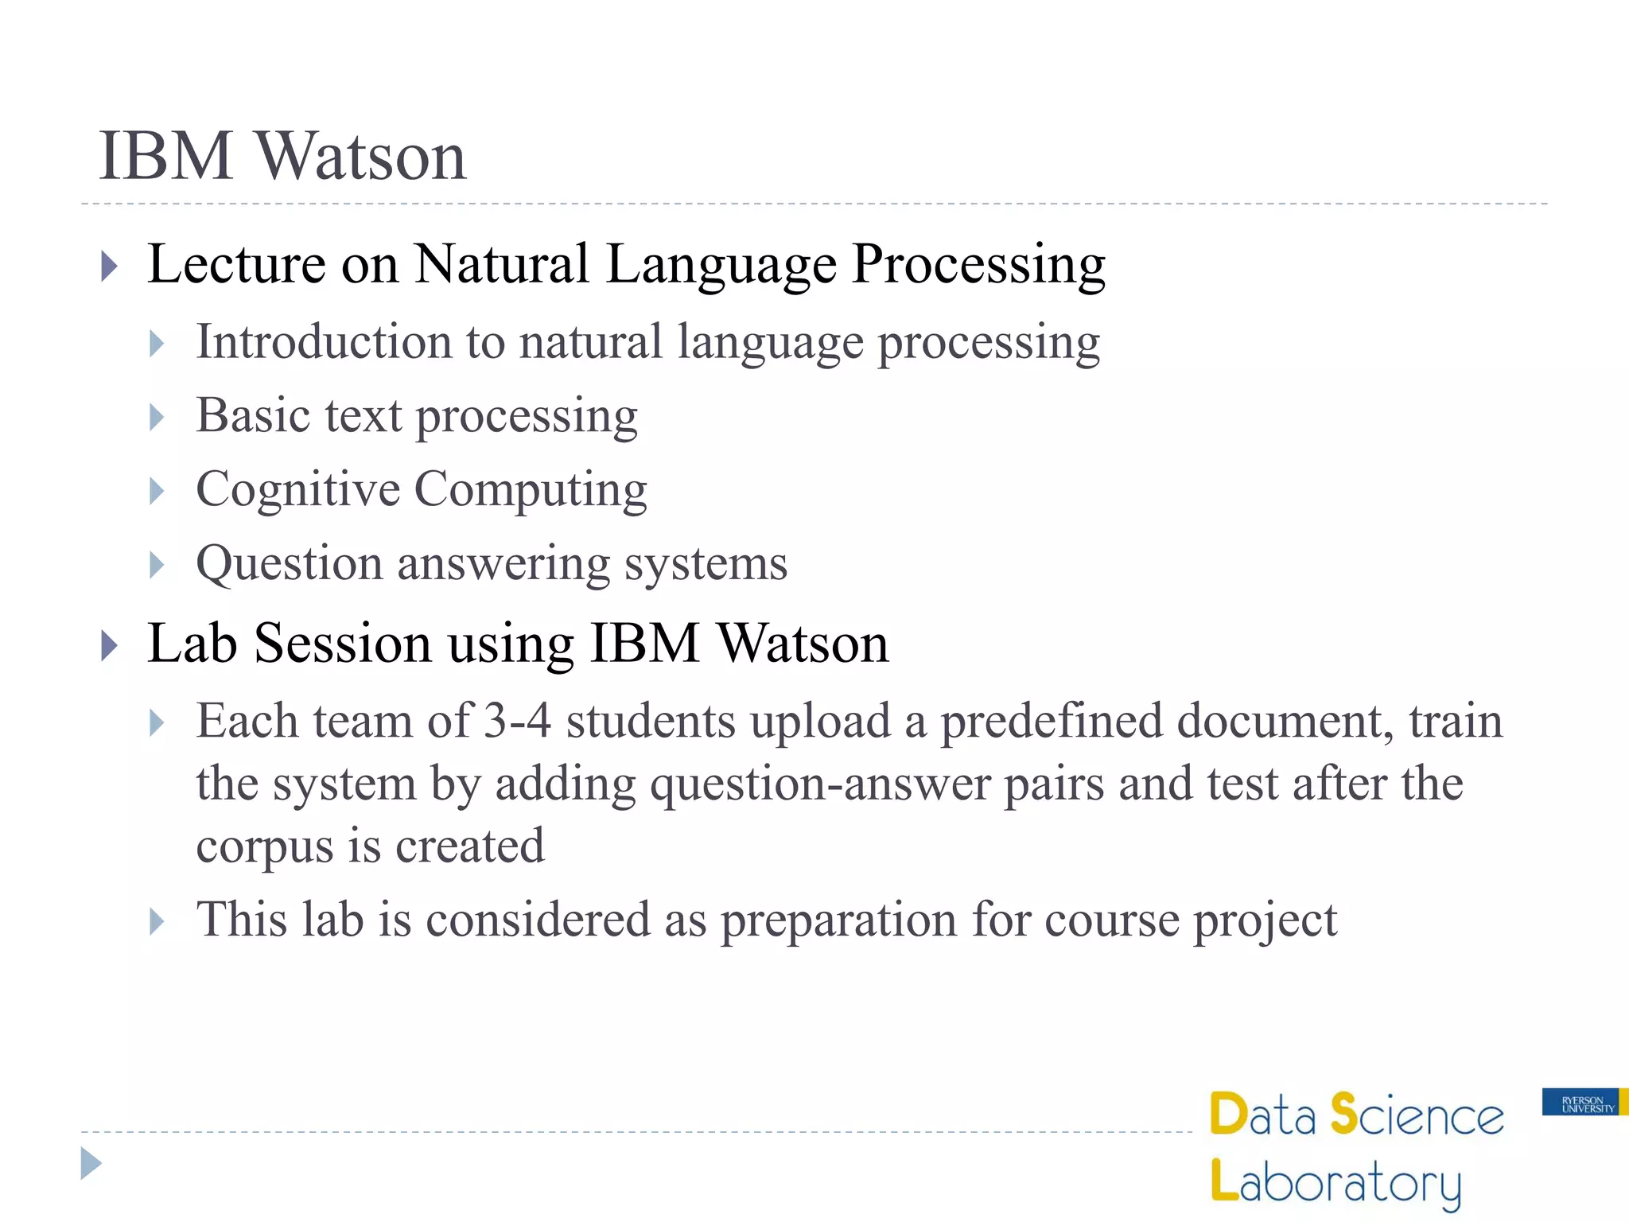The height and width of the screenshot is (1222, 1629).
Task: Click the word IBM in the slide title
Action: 165,156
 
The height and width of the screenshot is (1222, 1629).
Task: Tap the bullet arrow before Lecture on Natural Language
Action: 110,266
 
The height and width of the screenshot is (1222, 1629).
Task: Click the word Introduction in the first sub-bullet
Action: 324,342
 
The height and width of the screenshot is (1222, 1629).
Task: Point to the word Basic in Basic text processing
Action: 252,416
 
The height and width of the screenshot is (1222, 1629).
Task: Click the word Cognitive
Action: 297,489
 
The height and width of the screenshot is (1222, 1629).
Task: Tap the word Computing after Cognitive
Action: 531,491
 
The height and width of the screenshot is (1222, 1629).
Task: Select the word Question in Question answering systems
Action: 289,564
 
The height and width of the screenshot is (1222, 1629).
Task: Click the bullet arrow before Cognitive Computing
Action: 157,491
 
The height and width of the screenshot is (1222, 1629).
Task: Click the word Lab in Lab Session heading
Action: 192,643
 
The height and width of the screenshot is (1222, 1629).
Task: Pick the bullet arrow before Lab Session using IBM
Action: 110,645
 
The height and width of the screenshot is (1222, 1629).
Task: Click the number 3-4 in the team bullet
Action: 517,721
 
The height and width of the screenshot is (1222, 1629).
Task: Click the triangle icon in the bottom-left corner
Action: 91,1163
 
